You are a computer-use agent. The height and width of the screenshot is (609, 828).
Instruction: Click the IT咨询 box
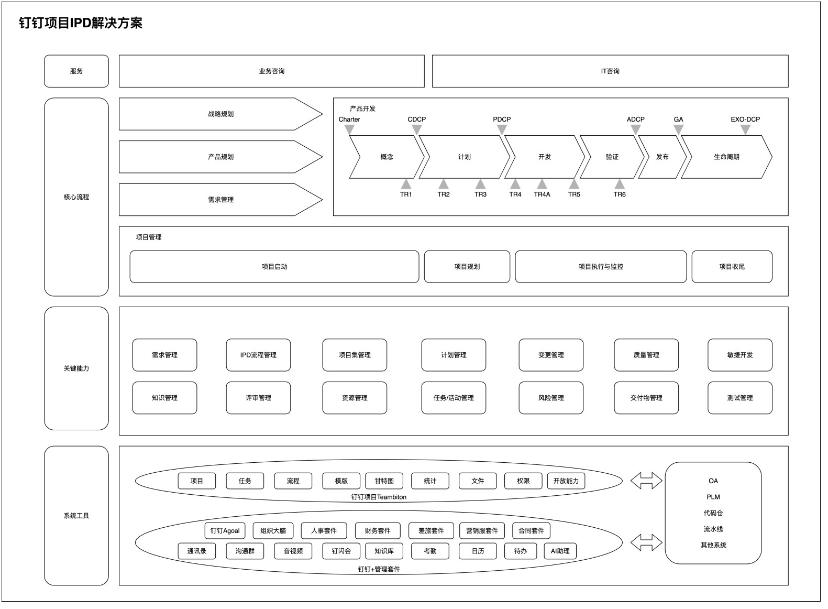(x=610, y=71)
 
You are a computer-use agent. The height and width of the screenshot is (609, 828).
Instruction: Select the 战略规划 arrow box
(x=220, y=114)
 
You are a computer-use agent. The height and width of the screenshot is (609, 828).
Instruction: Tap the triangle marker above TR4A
(x=542, y=184)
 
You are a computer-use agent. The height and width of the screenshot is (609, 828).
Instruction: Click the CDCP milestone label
(x=416, y=119)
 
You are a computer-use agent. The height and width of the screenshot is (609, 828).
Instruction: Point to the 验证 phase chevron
(x=612, y=157)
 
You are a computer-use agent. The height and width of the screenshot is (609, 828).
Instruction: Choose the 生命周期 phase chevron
(x=726, y=157)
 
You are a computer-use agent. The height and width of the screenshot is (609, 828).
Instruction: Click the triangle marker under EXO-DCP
(x=745, y=129)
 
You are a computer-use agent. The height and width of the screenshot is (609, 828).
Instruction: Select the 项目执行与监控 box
(x=601, y=267)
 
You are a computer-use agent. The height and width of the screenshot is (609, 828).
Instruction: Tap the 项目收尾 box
(x=732, y=267)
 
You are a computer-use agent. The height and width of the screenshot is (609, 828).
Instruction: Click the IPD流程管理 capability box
(x=258, y=355)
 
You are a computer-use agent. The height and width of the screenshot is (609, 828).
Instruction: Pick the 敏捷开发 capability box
(x=739, y=355)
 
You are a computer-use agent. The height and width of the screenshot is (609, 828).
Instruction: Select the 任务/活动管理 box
(x=454, y=398)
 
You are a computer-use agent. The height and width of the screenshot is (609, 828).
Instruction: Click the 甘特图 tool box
(x=384, y=481)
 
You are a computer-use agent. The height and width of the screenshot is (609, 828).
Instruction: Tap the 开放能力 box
(x=566, y=481)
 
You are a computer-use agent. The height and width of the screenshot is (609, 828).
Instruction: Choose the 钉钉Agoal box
(x=225, y=531)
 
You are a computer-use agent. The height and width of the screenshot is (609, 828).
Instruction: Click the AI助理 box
(x=560, y=551)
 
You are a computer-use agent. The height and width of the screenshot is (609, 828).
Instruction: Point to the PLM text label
(x=713, y=497)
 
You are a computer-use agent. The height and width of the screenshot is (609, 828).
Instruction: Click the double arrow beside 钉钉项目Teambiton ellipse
(x=646, y=481)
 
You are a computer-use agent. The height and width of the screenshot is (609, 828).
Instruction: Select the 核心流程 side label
(x=76, y=197)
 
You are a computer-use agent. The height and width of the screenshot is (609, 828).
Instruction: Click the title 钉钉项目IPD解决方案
(x=81, y=23)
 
